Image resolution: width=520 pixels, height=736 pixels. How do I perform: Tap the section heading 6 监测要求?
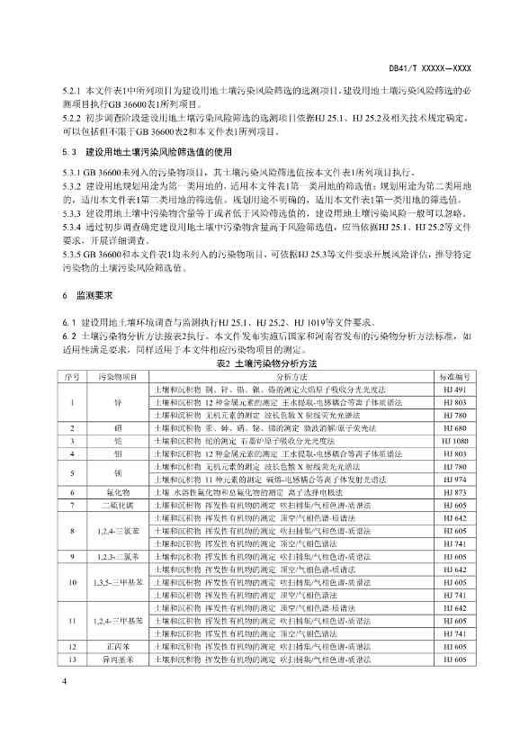pos(86,295)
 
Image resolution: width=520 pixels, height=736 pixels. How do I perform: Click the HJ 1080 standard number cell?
pos(453,442)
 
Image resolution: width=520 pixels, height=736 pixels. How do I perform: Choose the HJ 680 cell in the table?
pos(453,429)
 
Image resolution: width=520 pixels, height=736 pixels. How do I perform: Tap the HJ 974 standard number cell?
pos(453,480)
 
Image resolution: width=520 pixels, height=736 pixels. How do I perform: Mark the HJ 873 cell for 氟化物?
pos(453,493)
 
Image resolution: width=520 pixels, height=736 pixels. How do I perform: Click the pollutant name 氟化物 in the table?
pos(117,493)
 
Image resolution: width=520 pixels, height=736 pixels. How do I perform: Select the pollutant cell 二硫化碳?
pos(117,507)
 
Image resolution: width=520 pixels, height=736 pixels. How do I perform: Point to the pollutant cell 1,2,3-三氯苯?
pos(117,557)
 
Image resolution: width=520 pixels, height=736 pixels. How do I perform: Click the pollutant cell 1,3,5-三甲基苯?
pos(117,583)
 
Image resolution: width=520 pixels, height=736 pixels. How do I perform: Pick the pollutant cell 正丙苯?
pos(117,672)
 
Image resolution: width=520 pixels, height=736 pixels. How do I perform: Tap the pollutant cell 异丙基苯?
pos(117,685)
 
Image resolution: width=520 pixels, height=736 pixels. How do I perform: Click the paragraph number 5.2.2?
pos(72,118)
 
